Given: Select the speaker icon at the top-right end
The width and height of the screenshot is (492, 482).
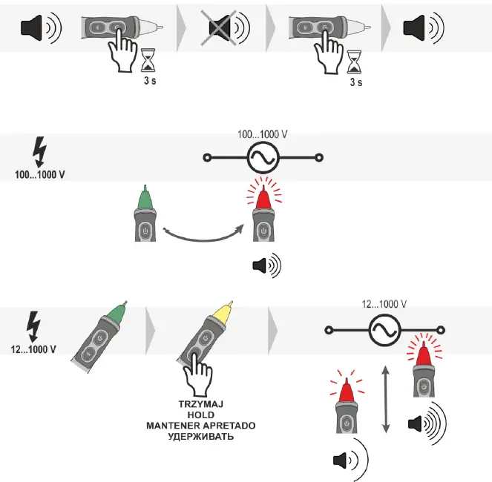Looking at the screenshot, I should pos(420,28).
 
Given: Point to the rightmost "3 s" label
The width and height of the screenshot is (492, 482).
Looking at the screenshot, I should pos(356,83).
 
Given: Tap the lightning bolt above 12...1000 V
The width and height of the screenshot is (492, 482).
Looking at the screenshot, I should pos(34,325).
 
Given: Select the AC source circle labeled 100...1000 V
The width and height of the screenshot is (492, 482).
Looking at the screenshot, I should pos(264,157).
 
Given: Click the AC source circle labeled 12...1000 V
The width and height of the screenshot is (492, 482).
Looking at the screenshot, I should pos(385,327).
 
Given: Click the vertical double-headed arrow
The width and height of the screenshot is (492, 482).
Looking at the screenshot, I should pos(384,398).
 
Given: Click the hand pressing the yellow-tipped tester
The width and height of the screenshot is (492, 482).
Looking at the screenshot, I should pos(196,372).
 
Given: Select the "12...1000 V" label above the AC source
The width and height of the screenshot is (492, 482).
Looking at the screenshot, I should pos(385,304).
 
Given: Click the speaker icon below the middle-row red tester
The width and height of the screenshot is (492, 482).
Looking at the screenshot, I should pos(266,265).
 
